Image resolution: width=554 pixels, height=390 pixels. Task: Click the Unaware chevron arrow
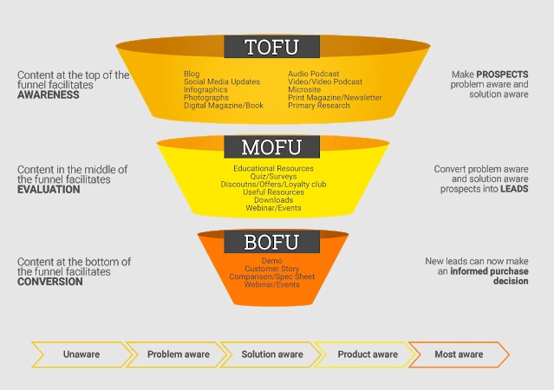point(79,354)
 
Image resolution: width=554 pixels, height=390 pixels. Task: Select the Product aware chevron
point(364,354)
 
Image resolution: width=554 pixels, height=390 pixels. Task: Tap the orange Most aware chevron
point(459,354)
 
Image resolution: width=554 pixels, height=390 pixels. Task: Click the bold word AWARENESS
point(49,95)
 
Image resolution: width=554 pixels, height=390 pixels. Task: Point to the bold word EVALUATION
point(49,189)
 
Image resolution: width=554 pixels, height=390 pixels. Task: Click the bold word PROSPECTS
point(501,75)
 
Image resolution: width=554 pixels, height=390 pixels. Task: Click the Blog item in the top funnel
point(191,75)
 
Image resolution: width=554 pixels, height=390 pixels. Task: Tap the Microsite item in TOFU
point(304,90)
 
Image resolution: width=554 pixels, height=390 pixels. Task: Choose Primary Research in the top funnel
point(319,106)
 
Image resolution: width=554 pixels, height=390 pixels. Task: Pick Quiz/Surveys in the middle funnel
point(273,176)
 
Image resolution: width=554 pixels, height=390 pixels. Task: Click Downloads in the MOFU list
point(273,200)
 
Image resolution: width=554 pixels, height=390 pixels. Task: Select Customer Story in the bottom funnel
point(272,269)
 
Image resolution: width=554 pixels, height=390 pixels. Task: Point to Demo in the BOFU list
point(272,261)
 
